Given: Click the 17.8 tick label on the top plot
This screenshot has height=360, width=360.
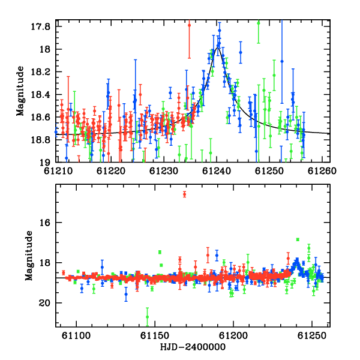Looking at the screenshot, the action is (40, 26).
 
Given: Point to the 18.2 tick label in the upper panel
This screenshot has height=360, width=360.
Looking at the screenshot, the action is (40, 72).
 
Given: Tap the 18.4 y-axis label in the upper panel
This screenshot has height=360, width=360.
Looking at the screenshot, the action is (40, 95).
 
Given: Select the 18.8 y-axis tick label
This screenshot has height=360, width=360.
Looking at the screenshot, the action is (40, 140).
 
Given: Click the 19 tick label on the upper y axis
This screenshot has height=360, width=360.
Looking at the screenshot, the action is (45, 163).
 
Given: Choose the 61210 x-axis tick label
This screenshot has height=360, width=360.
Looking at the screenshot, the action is (58, 171).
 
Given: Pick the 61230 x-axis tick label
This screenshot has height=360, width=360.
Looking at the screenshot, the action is (163, 171).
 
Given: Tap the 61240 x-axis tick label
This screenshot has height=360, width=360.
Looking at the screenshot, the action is (216, 171).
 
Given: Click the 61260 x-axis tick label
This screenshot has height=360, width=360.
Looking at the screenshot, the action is (322, 171).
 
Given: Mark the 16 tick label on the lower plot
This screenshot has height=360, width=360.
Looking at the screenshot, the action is (45, 223).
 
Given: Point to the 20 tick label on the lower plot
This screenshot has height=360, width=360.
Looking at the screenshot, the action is (44, 303).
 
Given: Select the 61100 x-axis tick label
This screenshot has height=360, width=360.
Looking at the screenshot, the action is (76, 336).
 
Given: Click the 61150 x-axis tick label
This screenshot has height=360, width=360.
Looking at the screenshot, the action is (155, 336).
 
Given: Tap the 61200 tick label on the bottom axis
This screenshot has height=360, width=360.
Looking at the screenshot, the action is (233, 336).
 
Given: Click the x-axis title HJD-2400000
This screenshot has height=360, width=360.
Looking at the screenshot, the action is (193, 347).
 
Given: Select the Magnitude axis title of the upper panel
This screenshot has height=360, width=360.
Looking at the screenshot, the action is (20, 91).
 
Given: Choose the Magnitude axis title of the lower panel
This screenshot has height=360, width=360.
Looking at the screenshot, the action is (29, 256).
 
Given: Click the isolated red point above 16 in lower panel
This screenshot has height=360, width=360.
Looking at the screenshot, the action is (184, 194).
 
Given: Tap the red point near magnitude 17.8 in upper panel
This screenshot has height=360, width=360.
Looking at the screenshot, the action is (189, 25).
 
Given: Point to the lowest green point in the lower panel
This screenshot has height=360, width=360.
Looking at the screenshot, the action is (147, 317).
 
